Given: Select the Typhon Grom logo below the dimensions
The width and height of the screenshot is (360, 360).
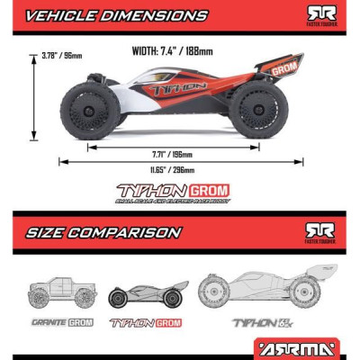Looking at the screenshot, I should [x=174, y=192].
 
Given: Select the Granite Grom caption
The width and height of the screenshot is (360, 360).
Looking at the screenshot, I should [x=61, y=321].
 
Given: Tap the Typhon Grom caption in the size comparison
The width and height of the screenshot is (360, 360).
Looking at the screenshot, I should [x=144, y=321].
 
